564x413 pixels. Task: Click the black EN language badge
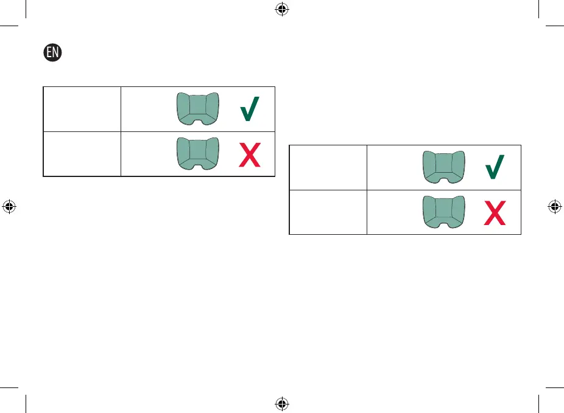[54, 53]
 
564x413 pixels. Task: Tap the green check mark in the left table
[250, 110]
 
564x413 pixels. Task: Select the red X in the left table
[250, 154]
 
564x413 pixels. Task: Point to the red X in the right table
[496, 212]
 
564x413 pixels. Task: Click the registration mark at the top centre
[282, 9]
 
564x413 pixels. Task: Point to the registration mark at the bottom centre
[282, 403]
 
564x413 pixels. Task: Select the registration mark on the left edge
[9, 206]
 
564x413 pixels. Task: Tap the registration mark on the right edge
[555, 206]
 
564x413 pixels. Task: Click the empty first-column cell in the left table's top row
[82, 109]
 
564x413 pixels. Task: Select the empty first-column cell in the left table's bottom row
[82, 154]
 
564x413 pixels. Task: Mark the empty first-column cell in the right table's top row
[328, 167]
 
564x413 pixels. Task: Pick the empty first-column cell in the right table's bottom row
[328, 212]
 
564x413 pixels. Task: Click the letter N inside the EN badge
[57, 53]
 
